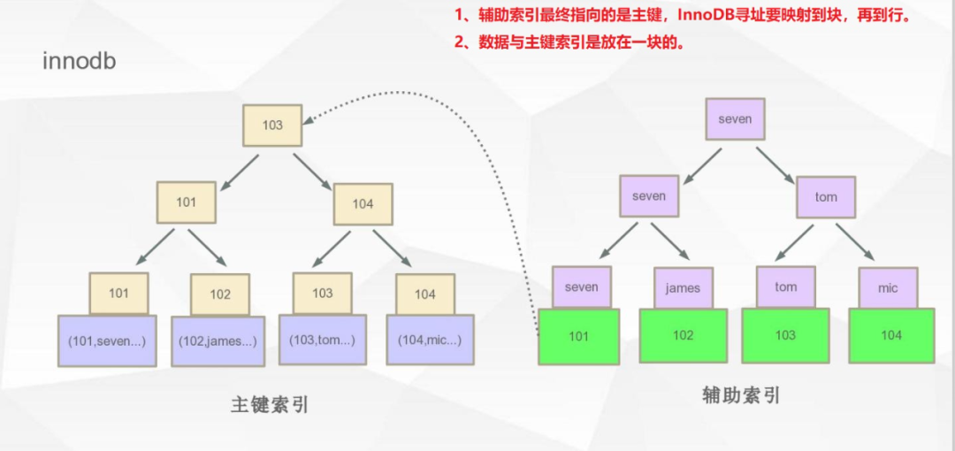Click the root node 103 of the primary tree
[x=272, y=125]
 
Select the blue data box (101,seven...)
[x=107, y=340]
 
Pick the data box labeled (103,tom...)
[x=323, y=340]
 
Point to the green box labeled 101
[x=579, y=335]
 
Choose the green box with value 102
[x=684, y=336]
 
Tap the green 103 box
[x=785, y=335]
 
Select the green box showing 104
[x=891, y=335]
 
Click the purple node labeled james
[x=683, y=287]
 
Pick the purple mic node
[x=888, y=287]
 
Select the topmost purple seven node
[x=735, y=119]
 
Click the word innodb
[x=80, y=62]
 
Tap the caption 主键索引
[x=270, y=404]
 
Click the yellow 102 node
[x=220, y=294]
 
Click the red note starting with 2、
[x=570, y=42]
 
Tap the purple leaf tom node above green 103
[x=785, y=287]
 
